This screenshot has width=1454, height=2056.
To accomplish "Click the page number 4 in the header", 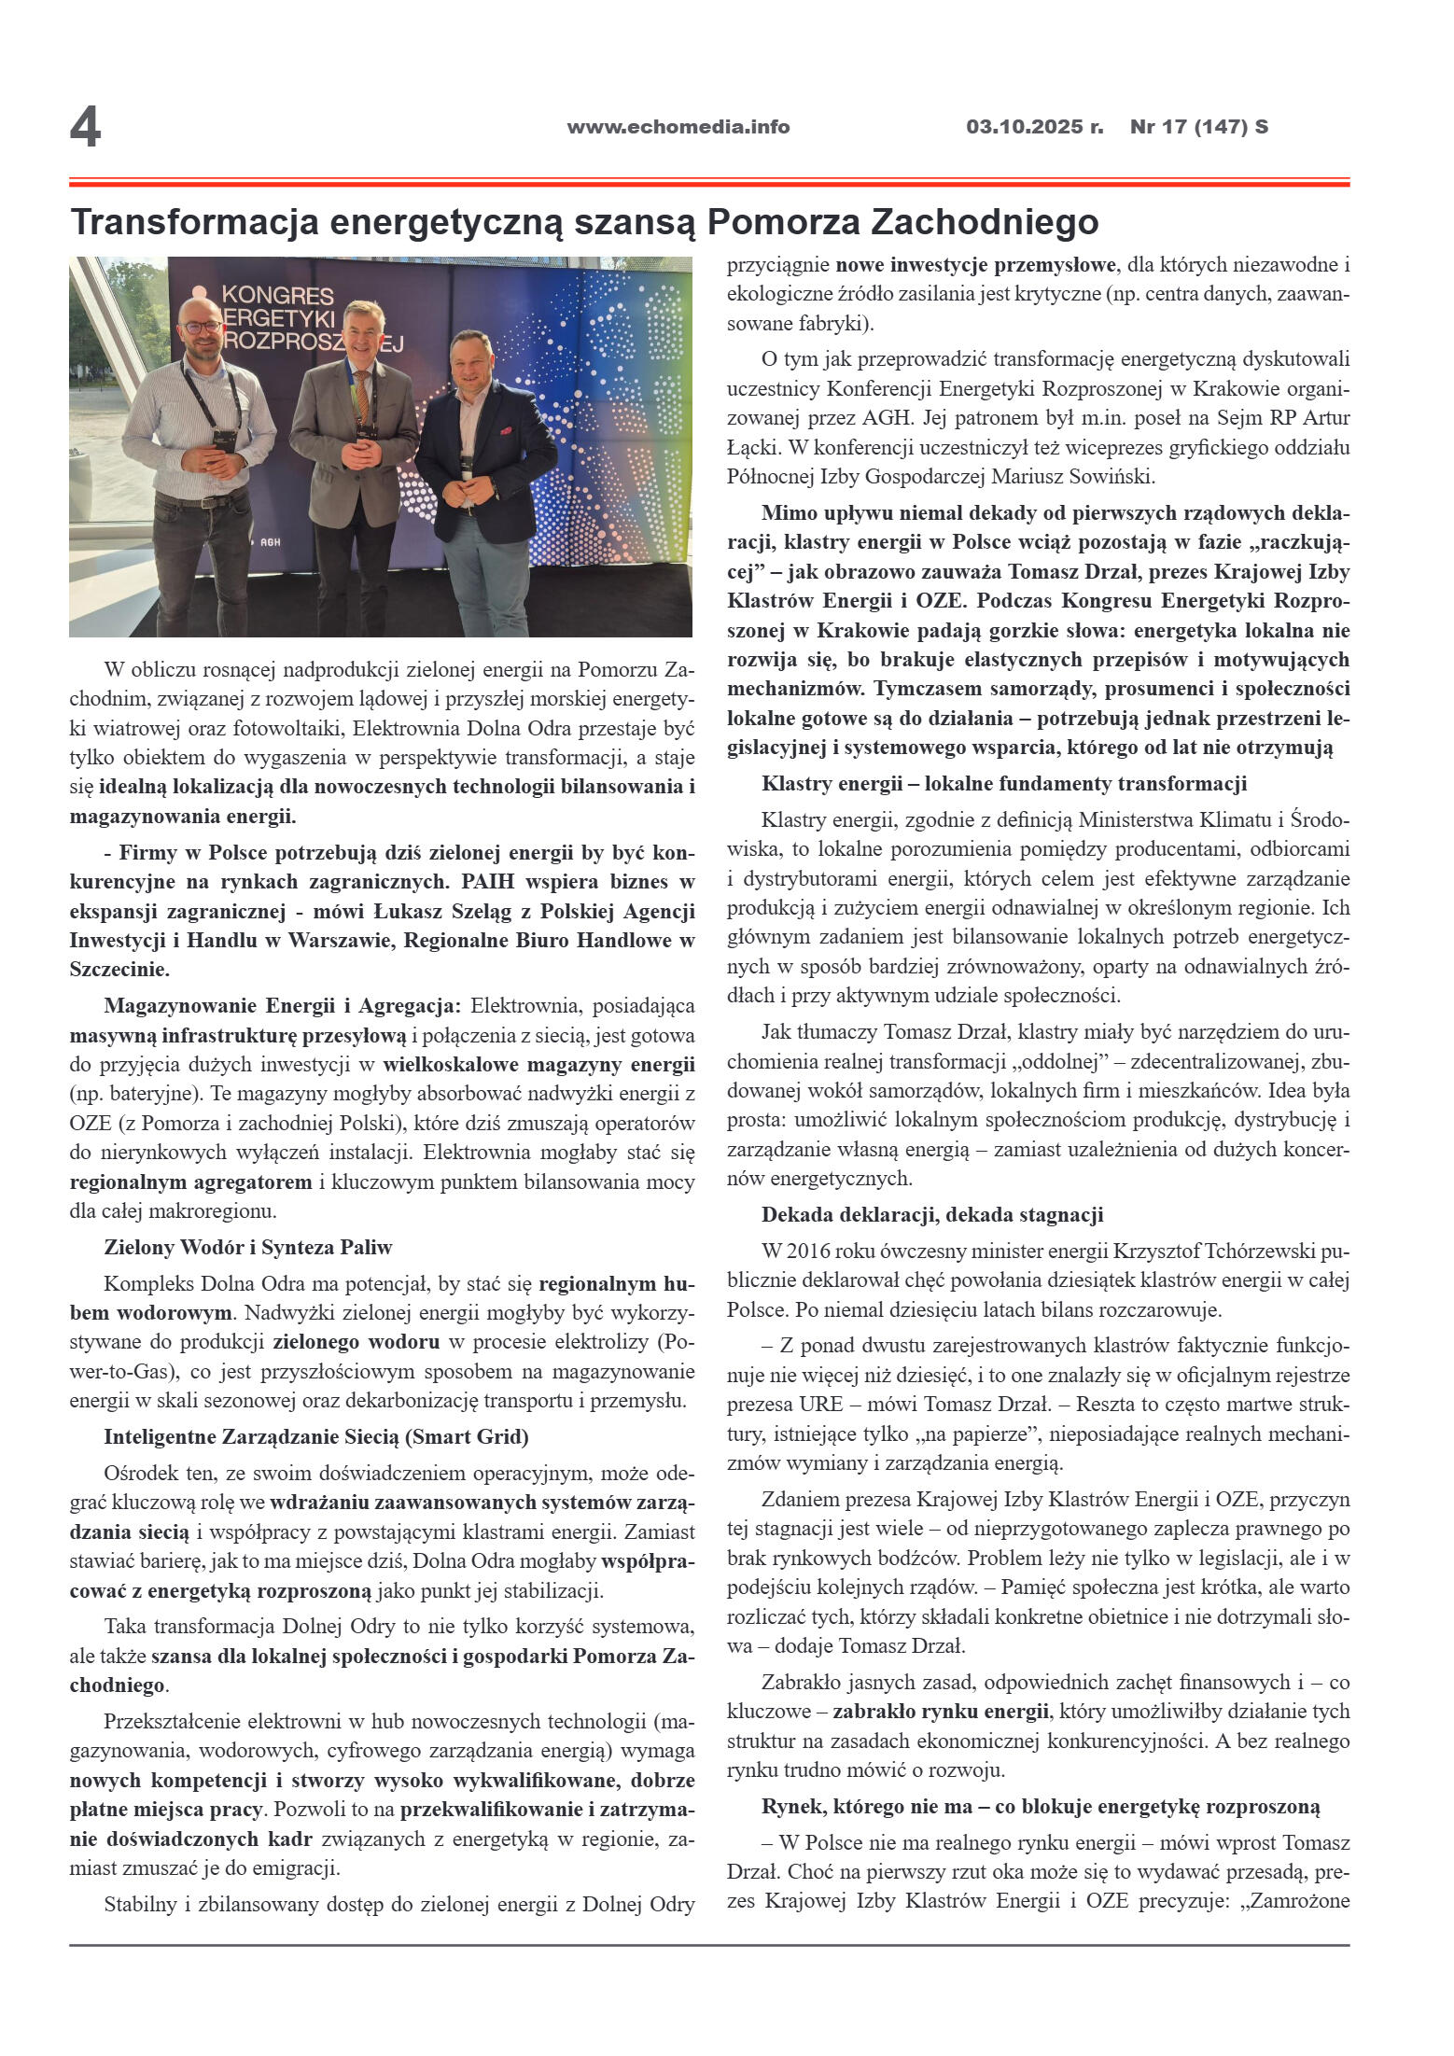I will coord(85,127).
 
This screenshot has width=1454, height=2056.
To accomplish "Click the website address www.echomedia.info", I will coord(678,127).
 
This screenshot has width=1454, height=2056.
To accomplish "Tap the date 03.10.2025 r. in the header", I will coord(1034,127).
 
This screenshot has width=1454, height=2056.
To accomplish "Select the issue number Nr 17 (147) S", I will coord(1198,127).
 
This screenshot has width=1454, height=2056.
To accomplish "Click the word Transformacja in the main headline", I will coord(194,222).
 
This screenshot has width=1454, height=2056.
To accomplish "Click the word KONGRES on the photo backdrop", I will coord(277,296).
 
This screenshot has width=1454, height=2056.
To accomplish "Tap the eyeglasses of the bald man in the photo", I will coord(202,327).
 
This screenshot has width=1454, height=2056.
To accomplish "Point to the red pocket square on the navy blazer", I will coord(505,431).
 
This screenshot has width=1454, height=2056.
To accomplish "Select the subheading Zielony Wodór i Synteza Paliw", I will coord(247,1248).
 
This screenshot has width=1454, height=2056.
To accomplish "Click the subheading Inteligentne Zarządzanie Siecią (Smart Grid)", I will coord(315,1437).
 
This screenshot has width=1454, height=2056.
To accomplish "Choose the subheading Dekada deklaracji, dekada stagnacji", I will coord(931,1214).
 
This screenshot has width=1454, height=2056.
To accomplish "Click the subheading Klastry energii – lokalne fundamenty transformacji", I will coord(1003,783).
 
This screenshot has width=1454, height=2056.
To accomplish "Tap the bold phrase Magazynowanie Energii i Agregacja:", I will coord(282,1006).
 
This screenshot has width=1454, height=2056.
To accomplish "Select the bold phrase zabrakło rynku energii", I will coord(940,1712).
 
